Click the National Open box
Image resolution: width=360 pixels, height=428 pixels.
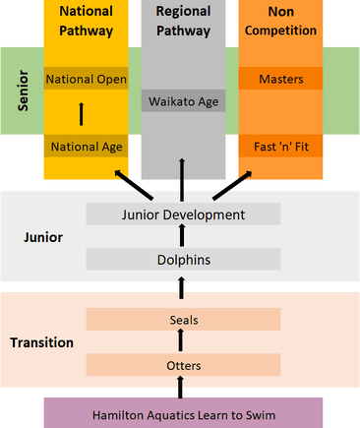pos(86,79)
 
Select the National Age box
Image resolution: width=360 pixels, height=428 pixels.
pos(86,147)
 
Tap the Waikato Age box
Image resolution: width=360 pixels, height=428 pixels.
pos(183,100)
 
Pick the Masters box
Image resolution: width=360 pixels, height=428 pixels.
pos(280,79)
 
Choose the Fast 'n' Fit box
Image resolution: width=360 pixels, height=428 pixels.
pos(280,147)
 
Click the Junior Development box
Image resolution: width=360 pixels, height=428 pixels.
pos(183,214)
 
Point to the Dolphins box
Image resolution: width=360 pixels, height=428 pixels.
pos(183,260)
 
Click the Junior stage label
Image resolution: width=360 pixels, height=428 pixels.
pos(42,237)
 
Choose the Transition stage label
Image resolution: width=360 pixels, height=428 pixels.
pos(42,342)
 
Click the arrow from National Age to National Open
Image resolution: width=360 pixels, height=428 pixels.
pos(81,113)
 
